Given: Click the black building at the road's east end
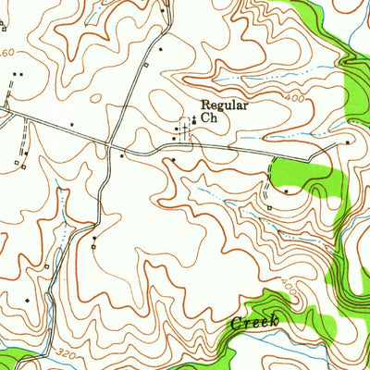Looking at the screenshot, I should pyautogui.click(x=348, y=143).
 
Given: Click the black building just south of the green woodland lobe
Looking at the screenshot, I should pyautogui.click(x=286, y=191).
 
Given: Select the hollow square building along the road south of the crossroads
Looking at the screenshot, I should pyautogui.click(x=94, y=245).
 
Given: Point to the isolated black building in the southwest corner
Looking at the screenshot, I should pyautogui.click(x=29, y=301).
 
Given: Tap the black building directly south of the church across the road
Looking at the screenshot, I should pyautogui.click(x=173, y=160).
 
